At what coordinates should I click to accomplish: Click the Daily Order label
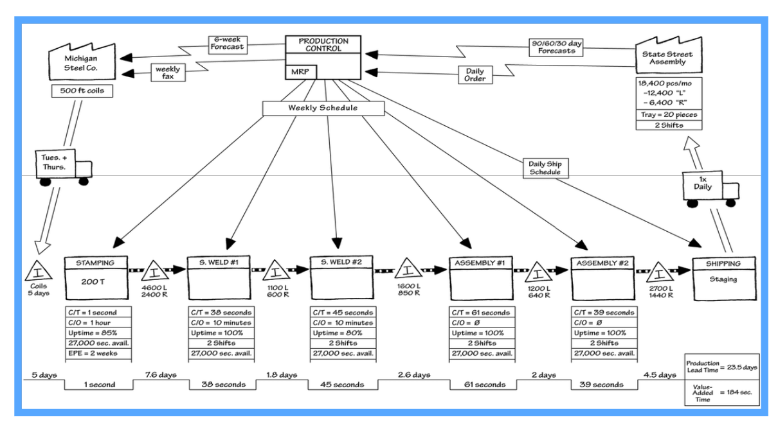point(476,74)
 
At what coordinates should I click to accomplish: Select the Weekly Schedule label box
point(323,108)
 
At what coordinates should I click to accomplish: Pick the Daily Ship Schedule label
point(545,168)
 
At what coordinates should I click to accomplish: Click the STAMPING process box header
point(95,263)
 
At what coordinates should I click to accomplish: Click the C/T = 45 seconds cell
point(341,313)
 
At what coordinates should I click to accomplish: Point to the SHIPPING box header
point(723,263)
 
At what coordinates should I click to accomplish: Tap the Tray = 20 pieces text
point(668,115)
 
